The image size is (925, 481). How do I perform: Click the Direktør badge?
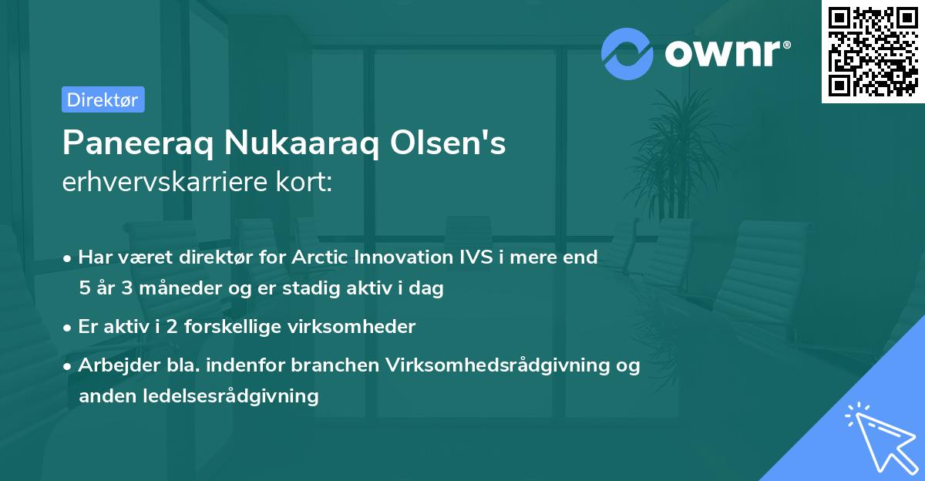[103, 99]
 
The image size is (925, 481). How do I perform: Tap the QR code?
[873, 52]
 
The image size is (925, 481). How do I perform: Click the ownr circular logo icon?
[627, 53]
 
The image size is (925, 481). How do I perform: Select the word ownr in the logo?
[724, 53]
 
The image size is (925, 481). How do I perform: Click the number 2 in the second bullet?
[160, 327]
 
